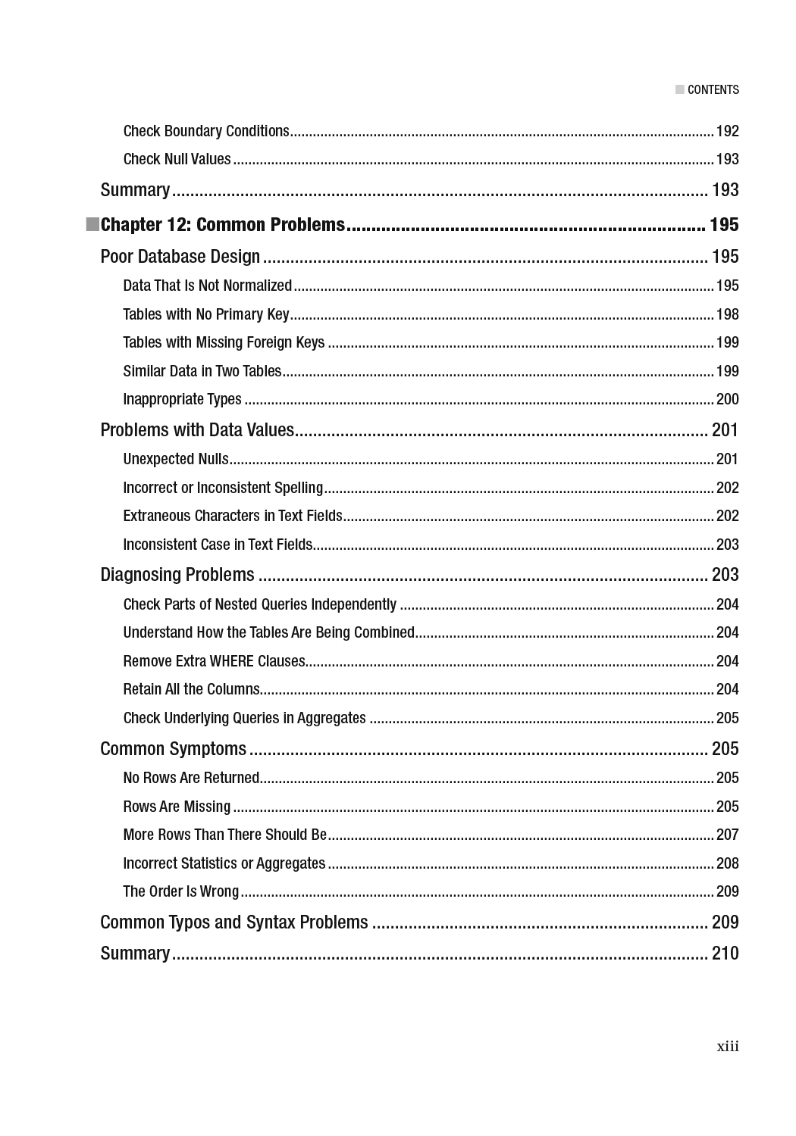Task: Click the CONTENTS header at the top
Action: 713,89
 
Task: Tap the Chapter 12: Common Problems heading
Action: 223,225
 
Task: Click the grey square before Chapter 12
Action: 92,224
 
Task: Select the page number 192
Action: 727,131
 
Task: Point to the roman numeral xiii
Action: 727,1047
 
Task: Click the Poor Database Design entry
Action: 180,257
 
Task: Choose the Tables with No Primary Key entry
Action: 206,314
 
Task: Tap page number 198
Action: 727,314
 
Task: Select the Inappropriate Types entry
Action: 182,399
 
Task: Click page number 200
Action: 727,399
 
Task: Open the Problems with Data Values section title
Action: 197,430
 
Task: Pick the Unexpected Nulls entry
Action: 176,459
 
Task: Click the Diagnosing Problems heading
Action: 177,575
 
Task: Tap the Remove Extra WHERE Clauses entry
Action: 214,661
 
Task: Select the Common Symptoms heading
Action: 174,749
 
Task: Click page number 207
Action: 727,835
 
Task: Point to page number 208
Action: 727,863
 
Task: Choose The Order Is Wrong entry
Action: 181,891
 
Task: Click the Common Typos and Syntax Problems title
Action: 234,922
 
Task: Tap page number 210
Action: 725,953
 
